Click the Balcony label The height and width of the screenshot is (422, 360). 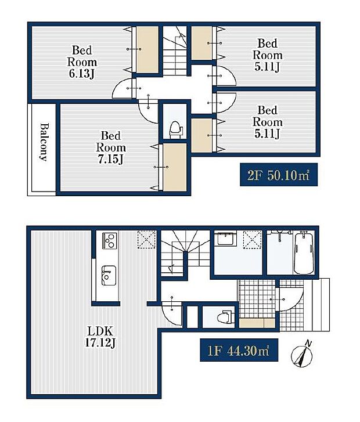44,142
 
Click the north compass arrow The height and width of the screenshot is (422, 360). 304,356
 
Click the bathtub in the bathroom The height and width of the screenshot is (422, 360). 303,253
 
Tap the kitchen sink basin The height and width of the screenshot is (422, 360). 108,275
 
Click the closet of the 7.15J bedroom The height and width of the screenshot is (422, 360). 175,167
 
